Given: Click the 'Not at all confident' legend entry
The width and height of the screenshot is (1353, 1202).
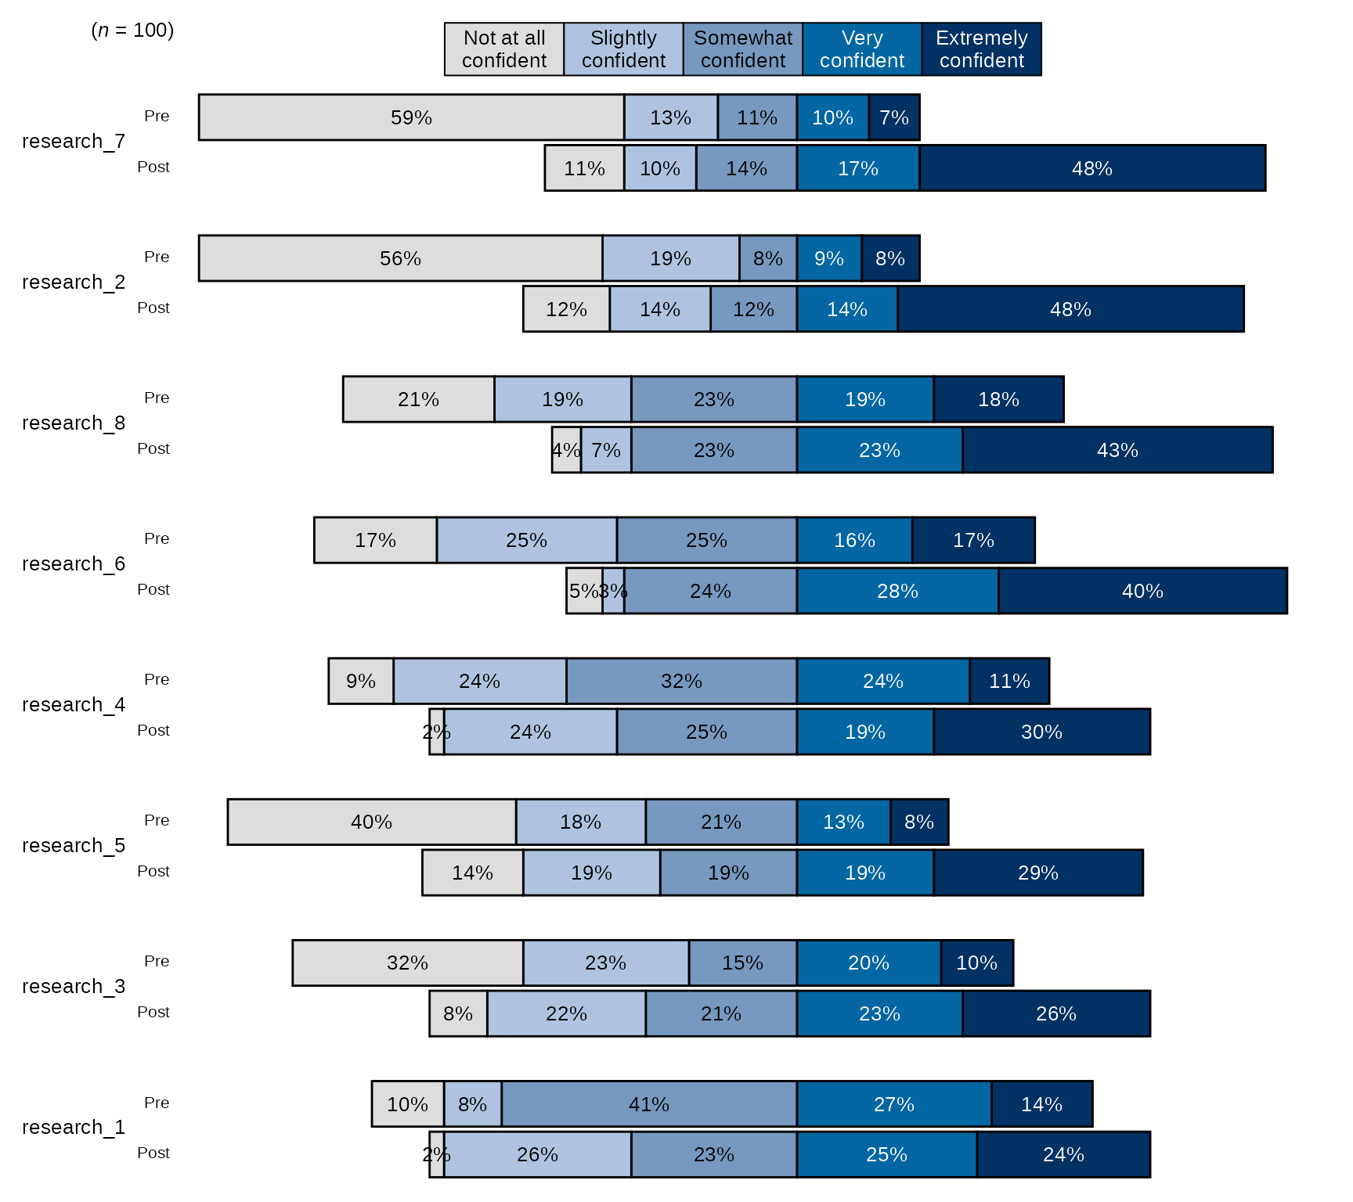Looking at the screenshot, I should pos(504,49).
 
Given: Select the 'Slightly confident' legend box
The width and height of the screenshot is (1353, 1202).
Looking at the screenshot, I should pos(623,49).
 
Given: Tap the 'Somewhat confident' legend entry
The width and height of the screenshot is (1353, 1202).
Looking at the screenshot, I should pos(743,49).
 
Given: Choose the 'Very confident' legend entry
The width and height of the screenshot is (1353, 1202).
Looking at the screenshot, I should pos(862,49).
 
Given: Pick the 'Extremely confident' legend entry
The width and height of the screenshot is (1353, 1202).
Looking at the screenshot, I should pos(982,49).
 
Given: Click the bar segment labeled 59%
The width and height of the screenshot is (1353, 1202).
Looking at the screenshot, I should pos(412,117).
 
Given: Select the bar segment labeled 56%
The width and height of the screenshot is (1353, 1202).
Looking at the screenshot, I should pos(401,258).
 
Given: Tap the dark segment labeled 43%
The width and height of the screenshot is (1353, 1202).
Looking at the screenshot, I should pos(1117,450).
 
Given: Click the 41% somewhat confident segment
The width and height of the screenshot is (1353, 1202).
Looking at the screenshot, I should pos(649,1104).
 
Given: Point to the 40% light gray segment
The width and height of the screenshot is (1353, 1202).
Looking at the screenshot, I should pos(372,822).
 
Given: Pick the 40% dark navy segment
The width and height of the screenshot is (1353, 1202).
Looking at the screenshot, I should pos(1142,591).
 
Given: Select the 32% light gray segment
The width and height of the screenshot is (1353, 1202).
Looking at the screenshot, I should pos(408,963).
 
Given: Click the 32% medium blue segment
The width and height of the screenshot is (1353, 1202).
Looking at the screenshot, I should pos(681,681).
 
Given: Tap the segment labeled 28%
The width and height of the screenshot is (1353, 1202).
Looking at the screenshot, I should pos(897,591).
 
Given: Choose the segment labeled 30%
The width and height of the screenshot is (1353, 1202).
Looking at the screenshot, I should pos(1041,732).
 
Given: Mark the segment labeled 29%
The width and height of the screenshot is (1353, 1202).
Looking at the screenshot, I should pos(1038,873).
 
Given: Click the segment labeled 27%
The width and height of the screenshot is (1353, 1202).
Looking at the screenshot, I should pos(894,1104).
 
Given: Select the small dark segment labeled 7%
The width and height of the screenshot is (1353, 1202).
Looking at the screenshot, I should pos(894,117).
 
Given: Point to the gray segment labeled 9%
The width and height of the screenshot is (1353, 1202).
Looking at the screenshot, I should pos(361,681).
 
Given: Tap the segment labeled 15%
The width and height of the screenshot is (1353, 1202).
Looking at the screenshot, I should pos(742,963).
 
